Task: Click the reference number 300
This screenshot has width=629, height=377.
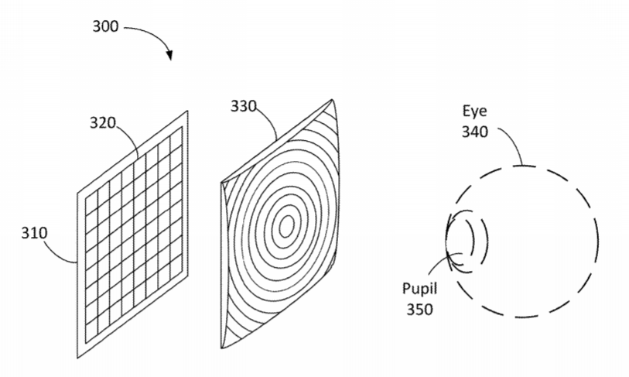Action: click(105, 26)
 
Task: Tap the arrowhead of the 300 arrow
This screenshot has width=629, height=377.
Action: click(170, 55)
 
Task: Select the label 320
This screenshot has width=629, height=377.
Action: click(102, 122)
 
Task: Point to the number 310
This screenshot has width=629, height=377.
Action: click(34, 233)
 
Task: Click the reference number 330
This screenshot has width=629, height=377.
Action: click(243, 106)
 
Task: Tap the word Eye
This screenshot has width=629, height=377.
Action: click(474, 111)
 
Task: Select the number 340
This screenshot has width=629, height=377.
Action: click(474, 132)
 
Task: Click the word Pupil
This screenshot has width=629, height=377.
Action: click(419, 289)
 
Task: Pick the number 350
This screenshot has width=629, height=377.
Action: click(419, 310)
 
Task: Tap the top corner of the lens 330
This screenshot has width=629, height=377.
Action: click(332, 100)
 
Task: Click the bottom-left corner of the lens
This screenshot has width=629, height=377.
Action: click(222, 348)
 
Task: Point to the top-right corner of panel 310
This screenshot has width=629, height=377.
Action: click(188, 111)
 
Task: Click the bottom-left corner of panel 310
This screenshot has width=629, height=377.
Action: click(77, 358)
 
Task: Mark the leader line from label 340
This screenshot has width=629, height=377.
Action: click(514, 142)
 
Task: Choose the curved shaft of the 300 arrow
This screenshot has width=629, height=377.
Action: click(153, 34)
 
